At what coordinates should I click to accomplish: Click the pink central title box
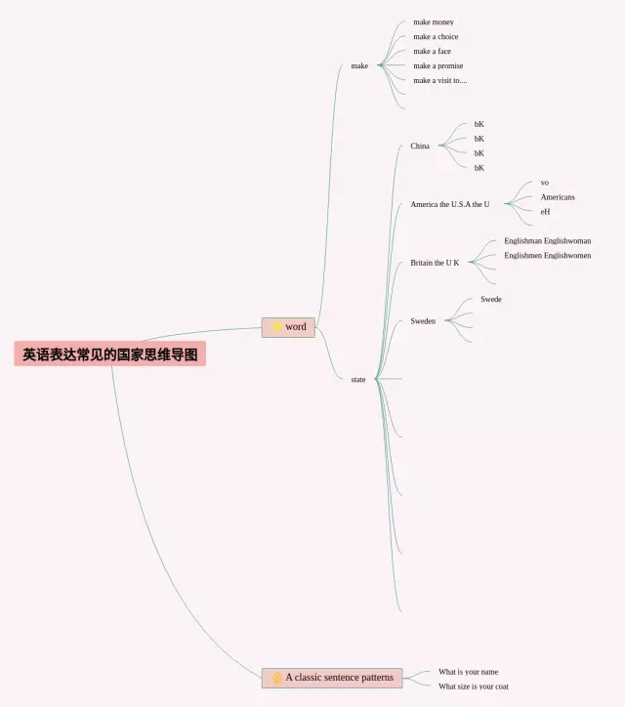click(110, 354)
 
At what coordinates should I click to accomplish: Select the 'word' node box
click(288, 327)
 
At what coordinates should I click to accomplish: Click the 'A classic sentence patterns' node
click(332, 678)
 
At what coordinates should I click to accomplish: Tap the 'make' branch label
click(359, 66)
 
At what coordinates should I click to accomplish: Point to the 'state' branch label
click(358, 379)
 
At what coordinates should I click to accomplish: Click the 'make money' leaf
click(434, 22)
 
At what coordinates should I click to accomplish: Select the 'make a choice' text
click(436, 37)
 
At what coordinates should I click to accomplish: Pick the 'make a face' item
click(432, 52)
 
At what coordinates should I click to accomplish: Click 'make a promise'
click(438, 66)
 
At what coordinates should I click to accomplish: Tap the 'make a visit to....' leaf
click(440, 81)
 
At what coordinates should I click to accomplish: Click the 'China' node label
click(420, 146)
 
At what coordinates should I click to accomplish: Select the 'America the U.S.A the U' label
click(450, 205)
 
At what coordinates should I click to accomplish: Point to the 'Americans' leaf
click(558, 197)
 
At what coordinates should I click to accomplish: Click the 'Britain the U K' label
click(435, 263)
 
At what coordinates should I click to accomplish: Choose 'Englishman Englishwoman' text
click(547, 241)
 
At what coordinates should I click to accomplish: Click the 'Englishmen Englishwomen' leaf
click(547, 256)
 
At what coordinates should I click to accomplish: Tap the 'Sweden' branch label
click(423, 321)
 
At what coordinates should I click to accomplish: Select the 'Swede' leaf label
click(491, 300)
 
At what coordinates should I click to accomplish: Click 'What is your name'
click(468, 672)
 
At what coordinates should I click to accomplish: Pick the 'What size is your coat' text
click(474, 686)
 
